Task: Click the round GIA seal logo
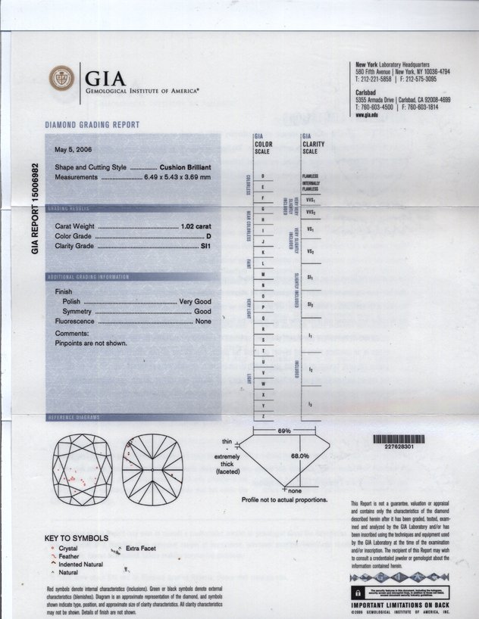[61, 78]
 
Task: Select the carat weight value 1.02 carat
[196, 226]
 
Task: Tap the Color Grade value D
[208, 236]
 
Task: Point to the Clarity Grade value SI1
[205, 246]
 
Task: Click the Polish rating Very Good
[195, 301]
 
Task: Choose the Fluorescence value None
[203, 321]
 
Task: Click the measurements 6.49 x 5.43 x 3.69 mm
[177, 177]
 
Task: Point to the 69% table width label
[284, 430]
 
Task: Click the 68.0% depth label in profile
[299, 456]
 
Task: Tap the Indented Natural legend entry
[80, 565]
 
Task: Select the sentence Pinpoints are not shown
[90, 343]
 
